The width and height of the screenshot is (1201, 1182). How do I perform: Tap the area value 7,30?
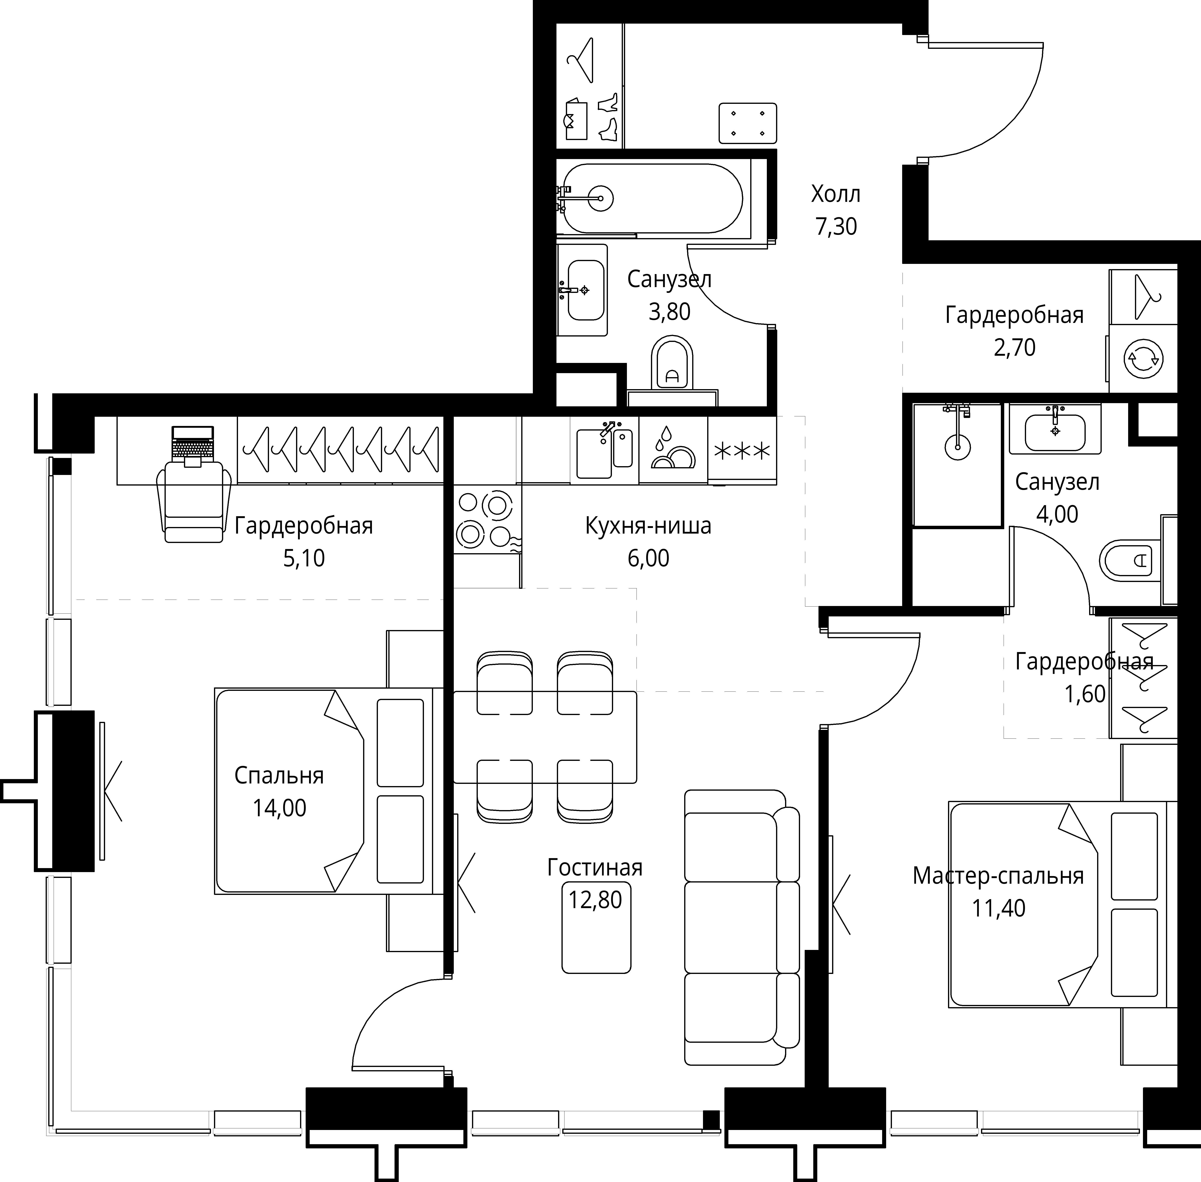(x=836, y=227)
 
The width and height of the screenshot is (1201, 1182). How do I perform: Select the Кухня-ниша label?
(x=648, y=526)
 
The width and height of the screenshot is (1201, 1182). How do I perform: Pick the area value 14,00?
(x=279, y=808)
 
